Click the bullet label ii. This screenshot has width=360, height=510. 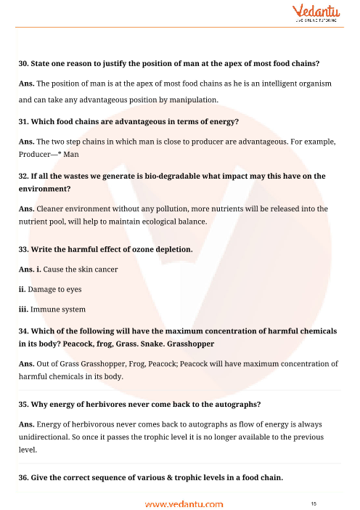point(22,288)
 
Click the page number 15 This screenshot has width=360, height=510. point(313,503)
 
